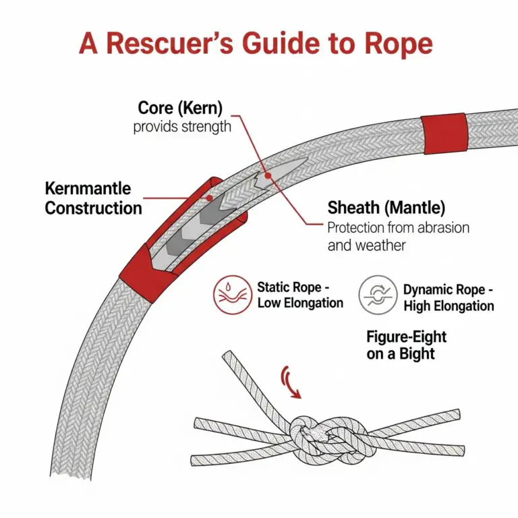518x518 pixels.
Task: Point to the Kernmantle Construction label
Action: coord(93,198)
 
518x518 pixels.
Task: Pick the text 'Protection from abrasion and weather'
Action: coord(398,235)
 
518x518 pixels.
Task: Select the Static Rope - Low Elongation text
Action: coord(300,295)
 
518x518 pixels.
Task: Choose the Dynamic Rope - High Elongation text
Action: coord(449,297)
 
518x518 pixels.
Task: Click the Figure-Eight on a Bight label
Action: coord(406,345)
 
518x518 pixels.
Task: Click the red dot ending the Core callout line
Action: coord(268,175)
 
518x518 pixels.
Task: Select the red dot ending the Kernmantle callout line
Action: coord(210,198)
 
